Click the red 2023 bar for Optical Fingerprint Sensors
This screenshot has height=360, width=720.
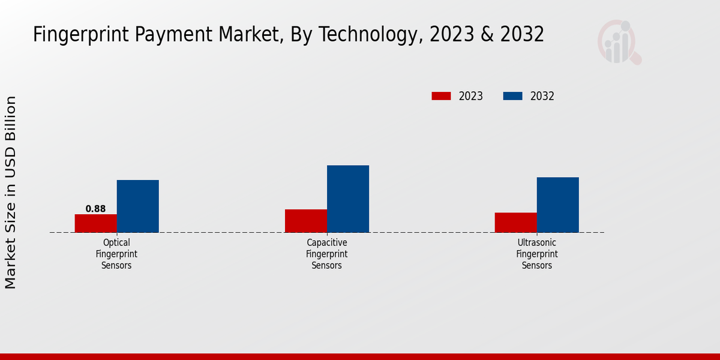pyautogui.click(x=95, y=223)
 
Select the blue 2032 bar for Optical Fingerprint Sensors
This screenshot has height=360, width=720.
pyautogui.click(x=137, y=206)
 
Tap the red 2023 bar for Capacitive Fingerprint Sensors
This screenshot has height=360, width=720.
pyautogui.click(x=306, y=221)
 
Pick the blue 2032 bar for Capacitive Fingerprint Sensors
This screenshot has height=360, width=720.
pyautogui.click(x=348, y=199)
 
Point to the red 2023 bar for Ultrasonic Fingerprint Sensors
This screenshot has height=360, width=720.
pyautogui.click(x=516, y=223)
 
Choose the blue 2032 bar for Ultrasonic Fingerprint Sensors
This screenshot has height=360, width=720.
pyautogui.click(x=558, y=205)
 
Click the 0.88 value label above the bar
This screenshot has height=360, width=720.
pyautogui.click(x=95, y=209)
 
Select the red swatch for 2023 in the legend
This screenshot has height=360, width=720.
pyautogui.click(x=441, y=96)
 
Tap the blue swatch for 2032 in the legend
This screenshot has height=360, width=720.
pyautogui.click(x=512, y=96)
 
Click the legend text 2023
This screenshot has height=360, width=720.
pyautogui.click(x=471, y=96)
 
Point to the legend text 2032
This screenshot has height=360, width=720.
pyautogui.click(x=542, y=96)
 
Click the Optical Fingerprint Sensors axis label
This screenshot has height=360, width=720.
pyautogui.click(x=116, y=254)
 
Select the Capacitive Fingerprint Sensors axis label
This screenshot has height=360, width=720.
pyautogui.click(x=327, y=254)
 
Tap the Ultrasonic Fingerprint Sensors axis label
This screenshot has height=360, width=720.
pyautogui.click(x=537, y=254)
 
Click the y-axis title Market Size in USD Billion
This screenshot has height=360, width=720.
pyautogui.click(x=11, y=192)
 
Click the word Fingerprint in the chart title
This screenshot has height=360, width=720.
pyautogui.click(x=83, y=35)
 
